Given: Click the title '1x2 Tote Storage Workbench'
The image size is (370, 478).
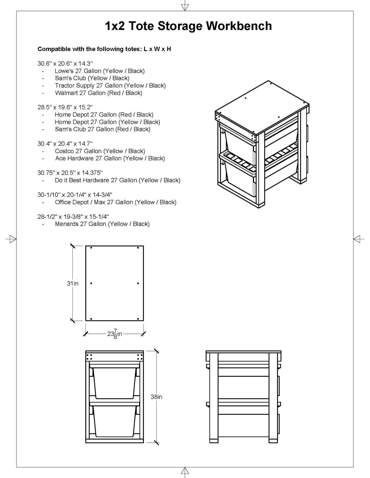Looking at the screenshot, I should [x=188, y=26].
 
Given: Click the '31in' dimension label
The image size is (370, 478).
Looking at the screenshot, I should [x=73, y=283].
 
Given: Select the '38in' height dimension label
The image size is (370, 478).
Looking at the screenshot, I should [x=156, y=397].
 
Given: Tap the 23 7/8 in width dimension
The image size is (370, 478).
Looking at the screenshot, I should [x=114, y=334].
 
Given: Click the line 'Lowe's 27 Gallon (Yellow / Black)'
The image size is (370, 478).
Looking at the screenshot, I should [x=100, y=71].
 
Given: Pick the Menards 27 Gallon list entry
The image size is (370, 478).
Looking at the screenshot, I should [x=102, y=224].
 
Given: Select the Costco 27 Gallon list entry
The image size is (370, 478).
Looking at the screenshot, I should [x=100, y=151].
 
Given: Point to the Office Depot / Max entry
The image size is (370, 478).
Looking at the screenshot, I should [x=115, y=202].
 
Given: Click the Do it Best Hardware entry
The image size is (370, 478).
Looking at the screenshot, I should [x=117, y=180].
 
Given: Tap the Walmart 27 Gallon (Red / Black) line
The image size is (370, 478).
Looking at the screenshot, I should [x=98, y=93].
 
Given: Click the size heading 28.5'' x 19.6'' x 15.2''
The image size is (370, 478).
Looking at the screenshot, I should [x=65, y=107].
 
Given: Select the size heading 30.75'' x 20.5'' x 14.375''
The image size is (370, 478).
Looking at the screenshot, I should [x=70, y=173].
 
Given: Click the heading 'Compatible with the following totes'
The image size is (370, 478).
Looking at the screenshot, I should [x=104, y=49].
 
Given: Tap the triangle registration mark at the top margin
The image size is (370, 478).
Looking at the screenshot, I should [x=185, y=7].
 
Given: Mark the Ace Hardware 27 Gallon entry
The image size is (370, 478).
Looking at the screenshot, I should [x=110, y=158].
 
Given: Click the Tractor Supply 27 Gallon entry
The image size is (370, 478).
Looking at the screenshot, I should [x=110, y=86].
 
